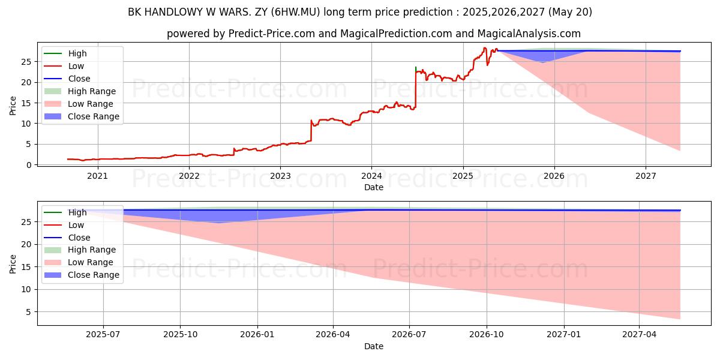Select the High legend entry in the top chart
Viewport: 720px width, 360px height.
pyautogui.click(x=77, y=53)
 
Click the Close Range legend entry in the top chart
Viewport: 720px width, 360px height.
pyautogui.click(x=93, y=116)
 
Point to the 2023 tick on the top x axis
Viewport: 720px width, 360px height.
pyautogui.click(x=280, y=176)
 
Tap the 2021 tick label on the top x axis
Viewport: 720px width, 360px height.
pyautogui.click(x=98, y=176)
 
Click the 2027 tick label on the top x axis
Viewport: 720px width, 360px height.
pyautogui.click(x=646, y=176)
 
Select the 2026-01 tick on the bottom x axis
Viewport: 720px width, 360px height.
pyautogui.click(x=257, y=335)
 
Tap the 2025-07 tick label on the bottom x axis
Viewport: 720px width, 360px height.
pyautogui.click(x=103, y=335)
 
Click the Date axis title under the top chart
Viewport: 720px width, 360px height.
pyautogui.click(x=373, y=187)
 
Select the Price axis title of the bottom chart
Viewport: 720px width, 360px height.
pyautogui.click(x=13, y=263)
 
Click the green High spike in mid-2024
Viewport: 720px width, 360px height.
pyautogui.click(x=415, y=68)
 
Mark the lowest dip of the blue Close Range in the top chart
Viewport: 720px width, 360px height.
pyautogui.click(x=543, y=62)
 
